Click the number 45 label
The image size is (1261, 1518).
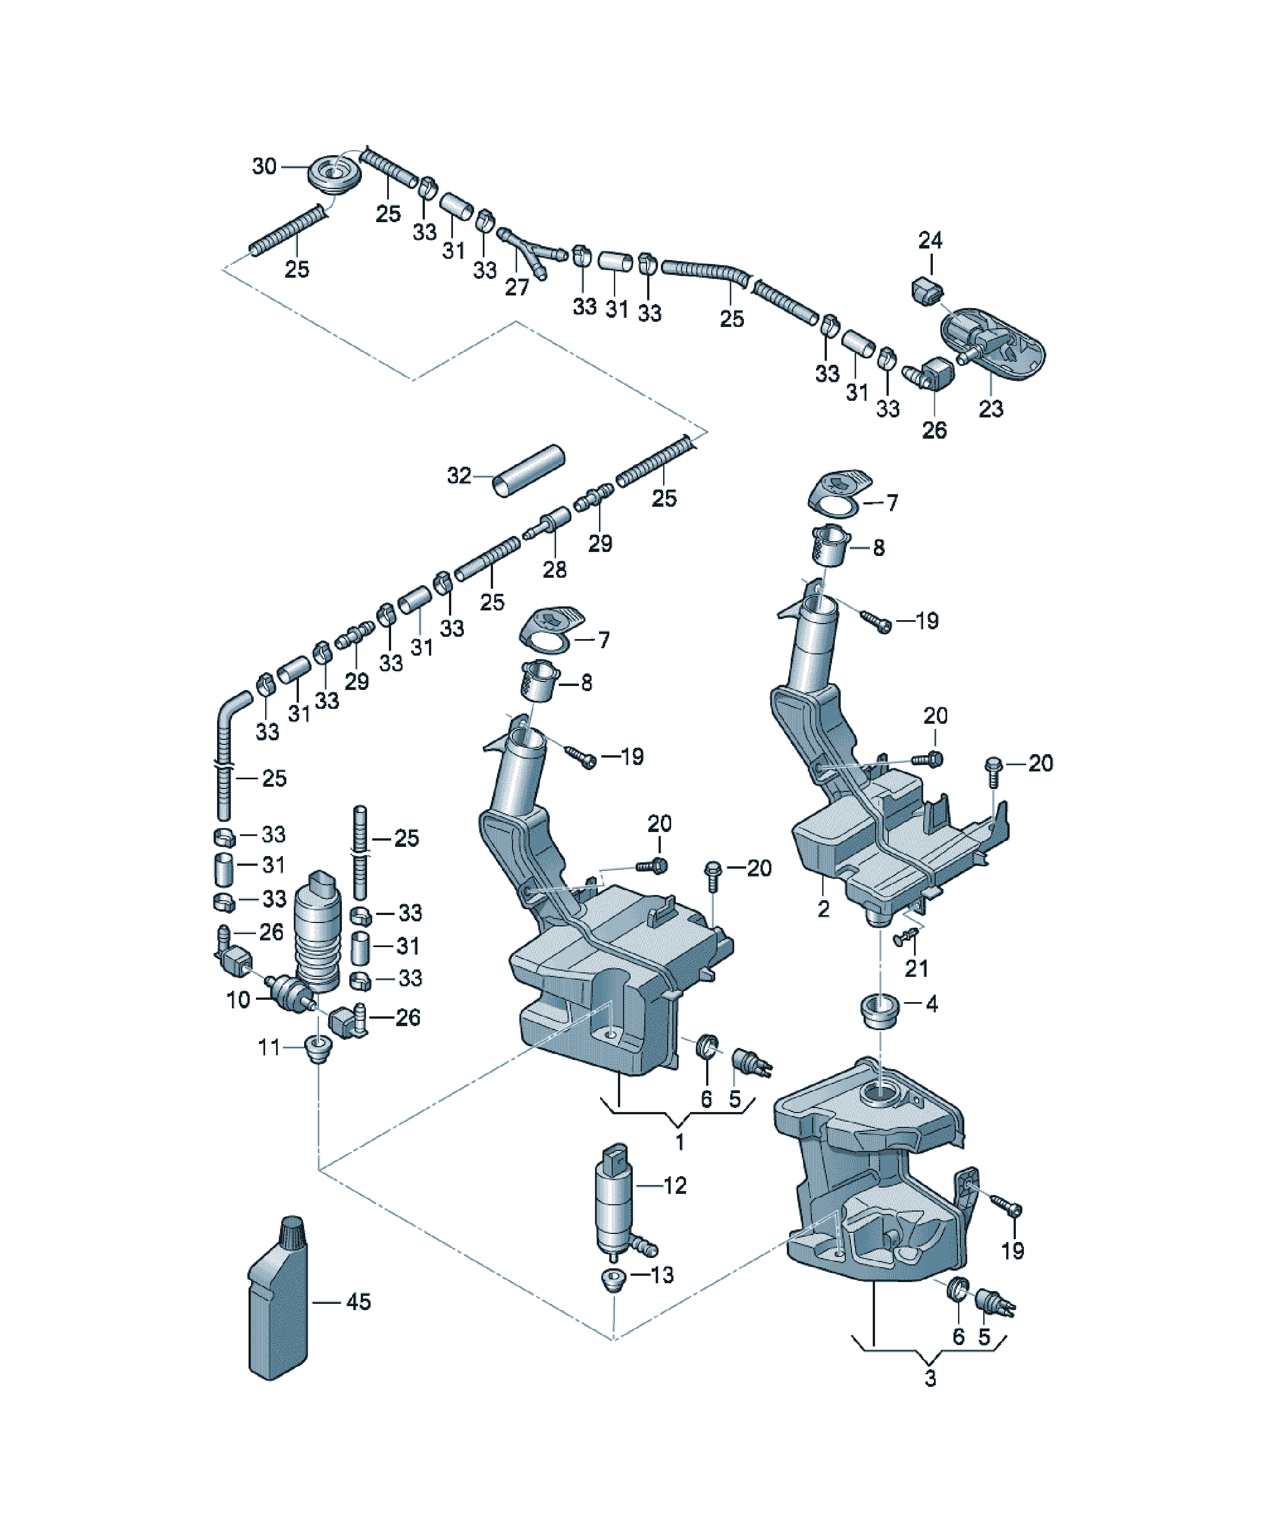point(358,1302)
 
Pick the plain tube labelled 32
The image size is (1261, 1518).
point(529,471)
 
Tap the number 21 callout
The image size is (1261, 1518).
point(917,968)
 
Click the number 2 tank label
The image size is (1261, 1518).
point(823,909)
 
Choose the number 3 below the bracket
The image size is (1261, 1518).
point(931,1378)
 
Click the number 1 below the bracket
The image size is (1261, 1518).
point(680,1142)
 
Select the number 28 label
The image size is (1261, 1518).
point(554,570)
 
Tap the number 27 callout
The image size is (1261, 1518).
point(517,287)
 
